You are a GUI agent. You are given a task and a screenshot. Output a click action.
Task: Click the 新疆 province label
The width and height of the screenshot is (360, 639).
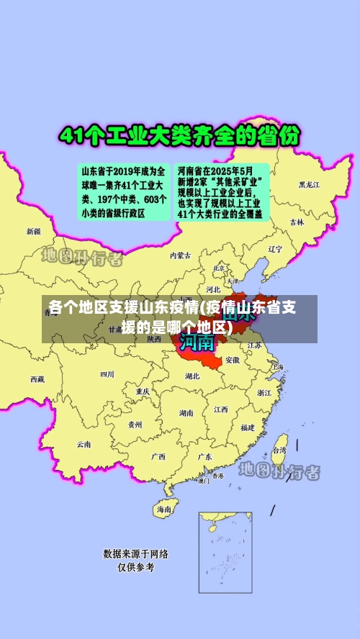click(34, 232)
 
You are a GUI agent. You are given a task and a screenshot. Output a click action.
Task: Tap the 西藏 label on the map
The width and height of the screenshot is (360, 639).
click(37, 379)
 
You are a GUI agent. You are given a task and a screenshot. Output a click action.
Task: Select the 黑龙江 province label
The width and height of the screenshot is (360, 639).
click(310, 185)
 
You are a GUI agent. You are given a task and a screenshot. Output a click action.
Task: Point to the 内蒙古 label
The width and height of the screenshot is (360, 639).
click(181, 255)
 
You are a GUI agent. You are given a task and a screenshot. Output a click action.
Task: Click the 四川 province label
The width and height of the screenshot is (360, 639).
click(107, 374)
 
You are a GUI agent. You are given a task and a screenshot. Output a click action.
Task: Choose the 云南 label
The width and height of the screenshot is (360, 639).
click(84, 444)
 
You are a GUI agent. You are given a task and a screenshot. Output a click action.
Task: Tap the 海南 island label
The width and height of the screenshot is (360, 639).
click(164, 509)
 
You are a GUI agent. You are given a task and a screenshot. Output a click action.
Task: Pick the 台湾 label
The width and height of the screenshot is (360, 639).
click(279, 450)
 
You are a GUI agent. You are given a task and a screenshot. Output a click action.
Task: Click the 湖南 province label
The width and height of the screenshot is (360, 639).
click(186, 413)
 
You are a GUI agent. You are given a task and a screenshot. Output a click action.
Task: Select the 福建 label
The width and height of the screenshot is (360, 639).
click(247, 427)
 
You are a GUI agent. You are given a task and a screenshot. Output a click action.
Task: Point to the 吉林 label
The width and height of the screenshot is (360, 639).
click(297, 222)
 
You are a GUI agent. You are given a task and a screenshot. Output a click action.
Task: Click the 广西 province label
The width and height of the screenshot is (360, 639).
click(158, 456)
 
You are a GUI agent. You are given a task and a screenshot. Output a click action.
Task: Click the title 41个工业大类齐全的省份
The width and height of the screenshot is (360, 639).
click(180, 137)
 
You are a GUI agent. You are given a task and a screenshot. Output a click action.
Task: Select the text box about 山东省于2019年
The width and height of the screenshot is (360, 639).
click(123, 192)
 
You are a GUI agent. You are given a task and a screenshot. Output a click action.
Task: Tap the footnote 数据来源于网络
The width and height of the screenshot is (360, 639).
click(136, 553)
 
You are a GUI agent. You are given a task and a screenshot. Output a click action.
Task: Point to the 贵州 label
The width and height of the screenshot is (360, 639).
click(135, 425)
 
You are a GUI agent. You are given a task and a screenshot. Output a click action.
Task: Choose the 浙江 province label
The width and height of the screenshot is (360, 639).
click(264, 392)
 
